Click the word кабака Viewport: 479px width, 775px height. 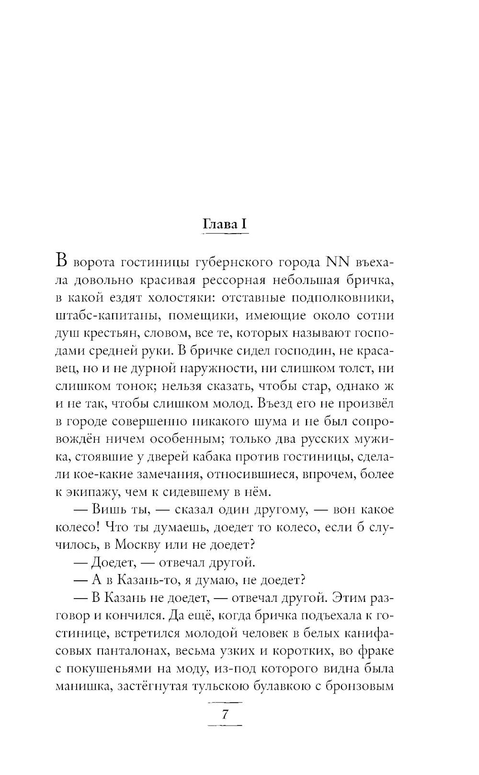pos(205,456)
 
